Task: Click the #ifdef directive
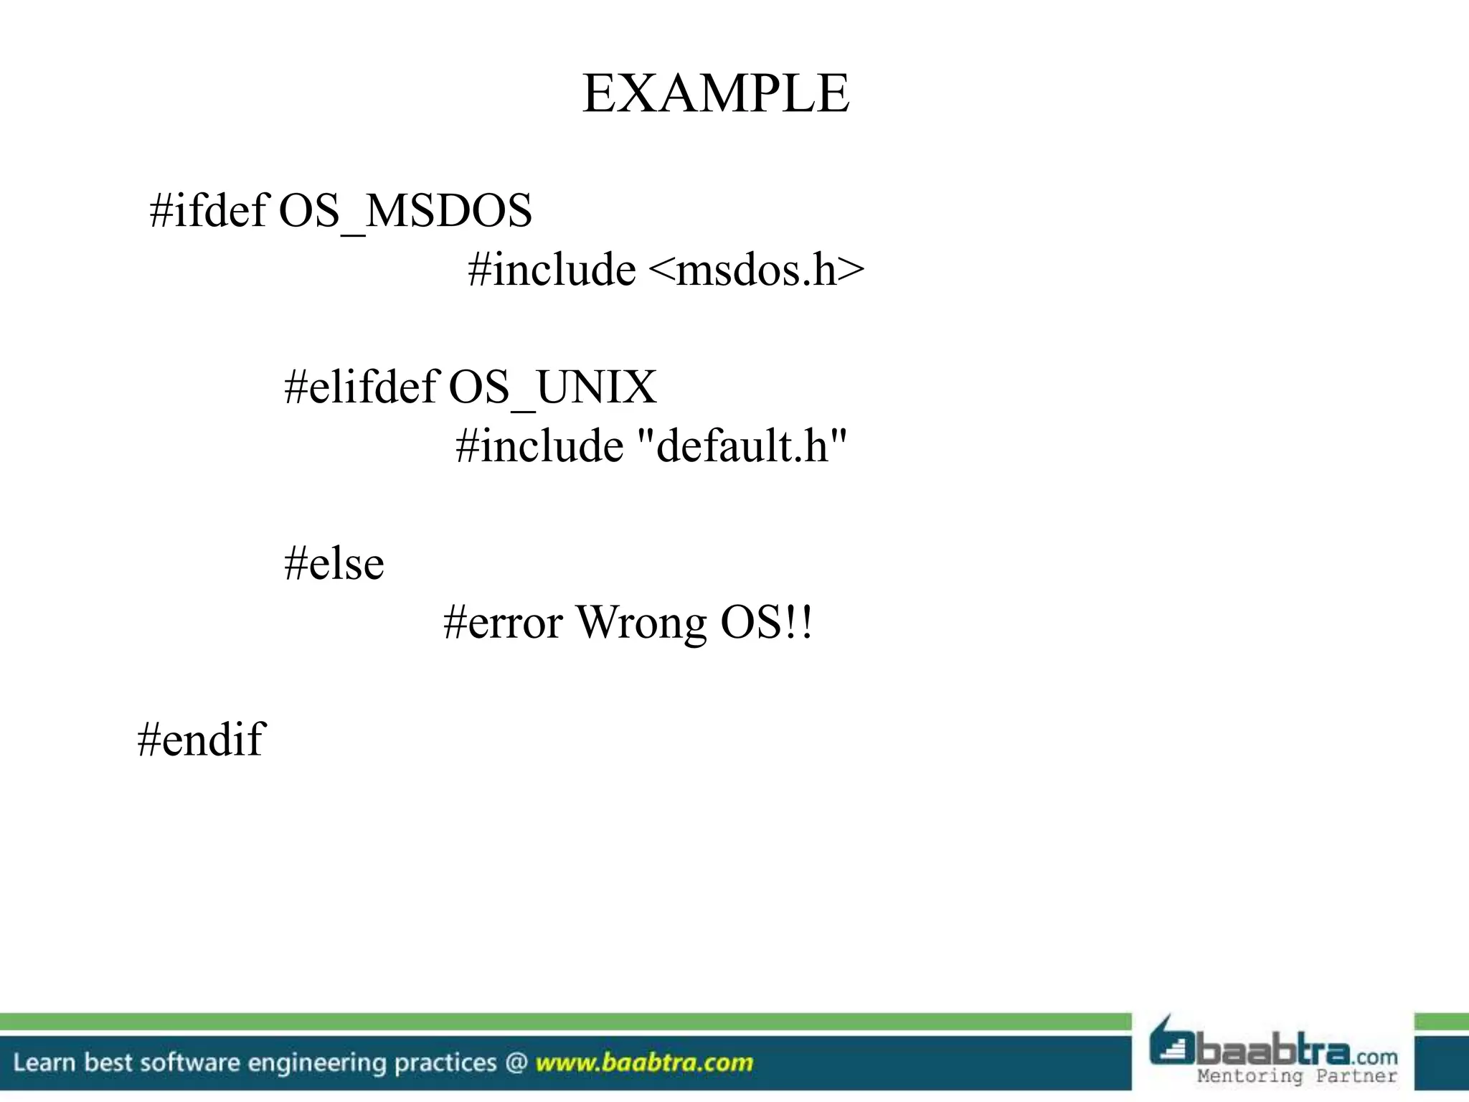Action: tap(208, 211)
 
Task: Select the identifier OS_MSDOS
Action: tap(405, 211)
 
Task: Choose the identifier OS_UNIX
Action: tap(552, 387)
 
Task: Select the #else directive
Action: tap(334, 563)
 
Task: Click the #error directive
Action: tap(502, 622)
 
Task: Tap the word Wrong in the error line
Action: tap(642, 622)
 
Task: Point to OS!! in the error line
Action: tap(767, 622)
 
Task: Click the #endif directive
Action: tap(201, 739)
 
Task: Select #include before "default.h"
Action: tap(539, 446)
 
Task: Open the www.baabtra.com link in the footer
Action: tap(644, 1063)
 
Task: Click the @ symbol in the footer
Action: tap(516, 1063)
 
